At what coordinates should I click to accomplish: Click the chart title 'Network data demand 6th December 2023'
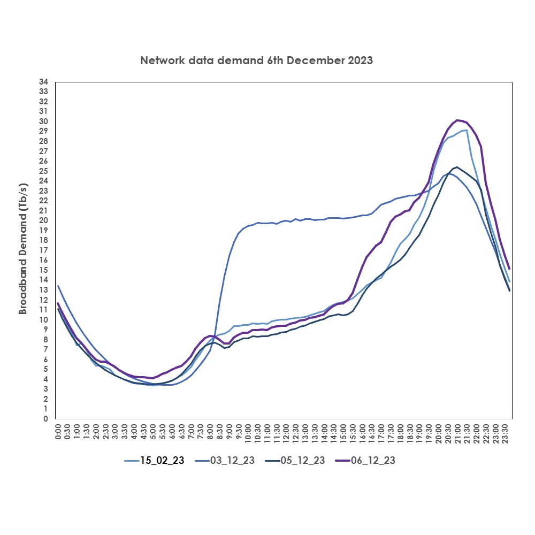coord(256,60)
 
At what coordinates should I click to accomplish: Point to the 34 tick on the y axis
coord(43,82)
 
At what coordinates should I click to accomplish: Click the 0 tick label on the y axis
coord(46,419)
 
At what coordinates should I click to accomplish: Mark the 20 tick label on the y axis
coord(43,220)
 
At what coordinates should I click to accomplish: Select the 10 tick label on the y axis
coord(43,320)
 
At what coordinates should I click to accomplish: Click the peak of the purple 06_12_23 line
coord(458,120)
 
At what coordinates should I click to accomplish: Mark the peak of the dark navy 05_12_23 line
coord(456,167)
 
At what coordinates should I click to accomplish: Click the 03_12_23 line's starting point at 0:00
coord(58,286)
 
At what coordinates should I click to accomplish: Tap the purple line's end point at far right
coord(509,269)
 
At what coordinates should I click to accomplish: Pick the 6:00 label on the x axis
coord(172,432)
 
